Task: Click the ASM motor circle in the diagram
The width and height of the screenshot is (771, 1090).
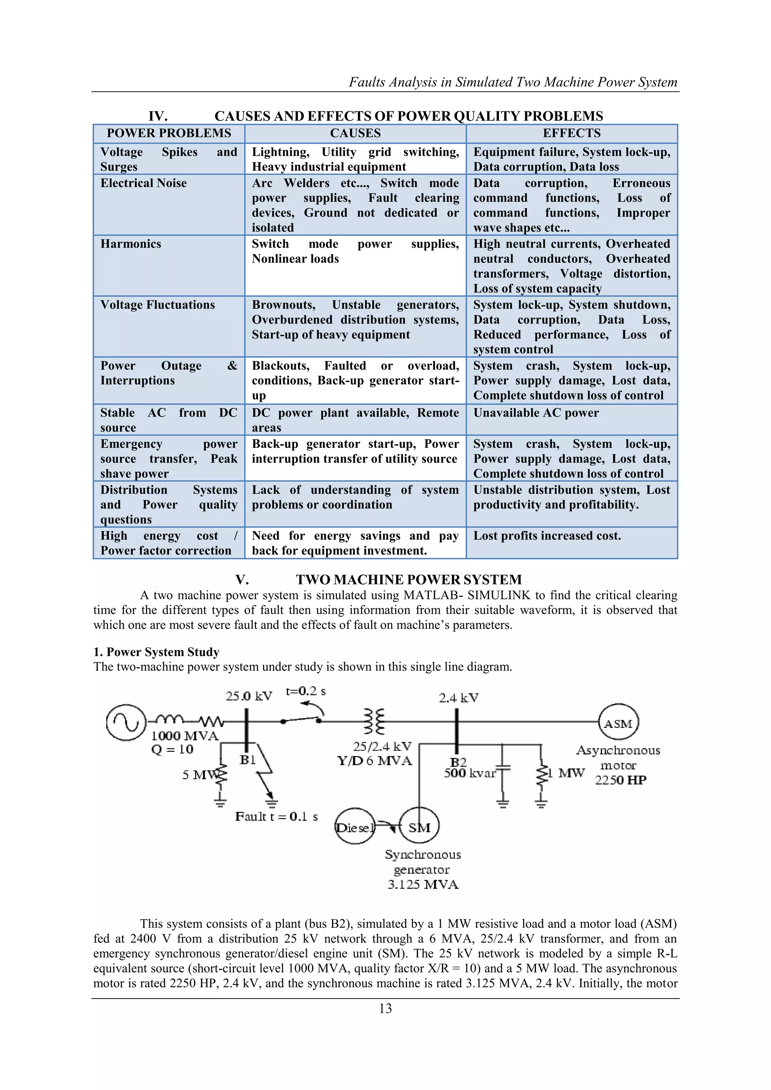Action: pos(618,723)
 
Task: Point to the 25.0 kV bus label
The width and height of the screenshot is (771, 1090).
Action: pos(249,696)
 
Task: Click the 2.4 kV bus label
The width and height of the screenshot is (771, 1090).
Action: pos(458,698)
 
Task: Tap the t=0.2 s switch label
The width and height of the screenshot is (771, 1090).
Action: pos(306,691)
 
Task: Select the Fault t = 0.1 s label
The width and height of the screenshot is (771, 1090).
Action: pos(276,816)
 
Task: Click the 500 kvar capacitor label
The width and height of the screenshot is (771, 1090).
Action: pos(469,773)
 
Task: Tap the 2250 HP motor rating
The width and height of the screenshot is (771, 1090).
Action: pos(620,781)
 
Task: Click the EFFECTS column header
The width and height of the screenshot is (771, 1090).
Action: pos(571,133)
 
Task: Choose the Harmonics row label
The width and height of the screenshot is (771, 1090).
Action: pos(131,244)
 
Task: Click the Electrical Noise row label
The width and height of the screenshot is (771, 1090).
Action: pos(143,183)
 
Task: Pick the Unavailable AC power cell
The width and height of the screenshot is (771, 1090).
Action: pos(536,413)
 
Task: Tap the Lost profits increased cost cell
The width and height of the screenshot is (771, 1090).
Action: pos(547,536)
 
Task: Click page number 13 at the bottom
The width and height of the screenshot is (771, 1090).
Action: pos(385,1009)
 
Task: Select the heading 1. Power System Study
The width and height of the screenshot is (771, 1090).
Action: pos(156,652)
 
